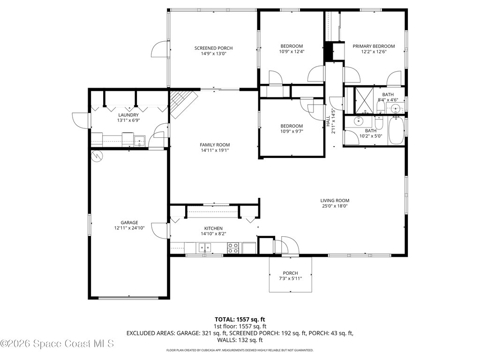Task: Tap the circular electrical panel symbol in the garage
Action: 97,156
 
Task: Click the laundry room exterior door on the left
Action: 80,120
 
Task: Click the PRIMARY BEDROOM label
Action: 374,46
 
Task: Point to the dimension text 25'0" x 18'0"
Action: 335,206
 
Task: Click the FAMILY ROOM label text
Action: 215,145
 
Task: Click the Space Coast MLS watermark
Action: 57,344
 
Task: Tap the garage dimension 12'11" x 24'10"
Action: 129,228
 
